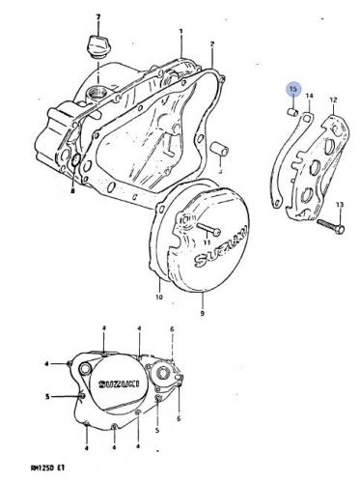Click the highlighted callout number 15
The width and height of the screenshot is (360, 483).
[x=293, y=89]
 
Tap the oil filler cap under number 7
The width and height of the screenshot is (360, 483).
[x=97, y=48]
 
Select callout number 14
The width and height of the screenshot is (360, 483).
[x=309, y=96]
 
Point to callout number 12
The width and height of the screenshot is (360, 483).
[x=333, y=99]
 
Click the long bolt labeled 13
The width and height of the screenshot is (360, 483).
[x=331, y=227]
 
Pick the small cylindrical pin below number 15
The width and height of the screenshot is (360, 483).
[x=292, y=113]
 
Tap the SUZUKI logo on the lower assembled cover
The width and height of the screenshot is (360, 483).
[x=119, y=384]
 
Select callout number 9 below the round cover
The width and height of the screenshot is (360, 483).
[x=202, y=313]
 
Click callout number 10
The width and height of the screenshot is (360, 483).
[x=159, y=297]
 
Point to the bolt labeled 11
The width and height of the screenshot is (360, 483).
[x=208, y=229]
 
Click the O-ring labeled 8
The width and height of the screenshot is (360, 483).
[x=75, y=160]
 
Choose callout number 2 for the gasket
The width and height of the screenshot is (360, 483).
[x=212, y=43]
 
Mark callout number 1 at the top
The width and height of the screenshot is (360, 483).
[x=180, y=31]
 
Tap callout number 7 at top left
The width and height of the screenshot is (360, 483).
[x=98, y=16]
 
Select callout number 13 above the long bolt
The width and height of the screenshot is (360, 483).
[x=340, y=205]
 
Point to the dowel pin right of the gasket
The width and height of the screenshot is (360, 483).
[x=219, y=151]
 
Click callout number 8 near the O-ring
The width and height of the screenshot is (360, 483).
[x=72, y=191]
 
